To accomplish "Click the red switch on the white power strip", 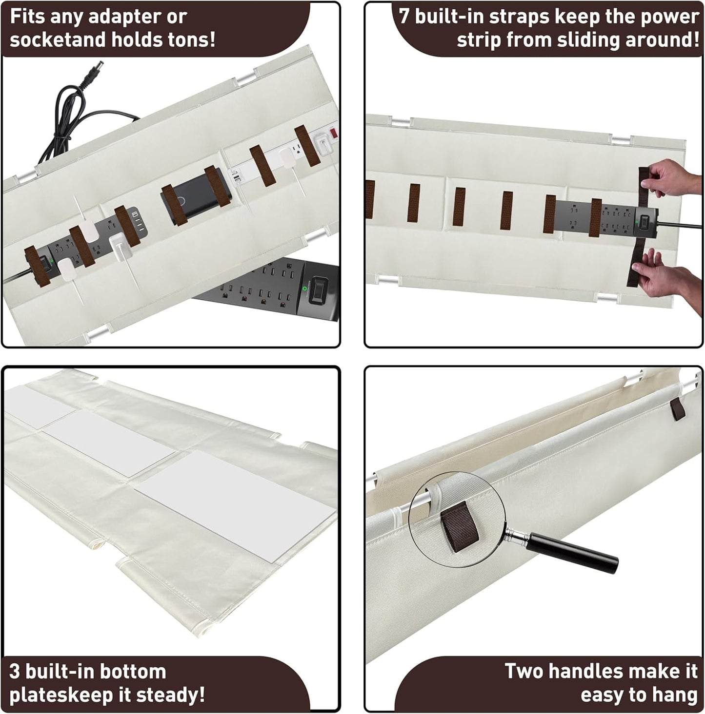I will tap(334, 133).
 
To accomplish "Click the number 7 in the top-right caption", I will tap(404, 17).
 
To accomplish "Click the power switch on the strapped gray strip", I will tap(644, 220).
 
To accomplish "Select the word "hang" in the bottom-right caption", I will tap(675, 695).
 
